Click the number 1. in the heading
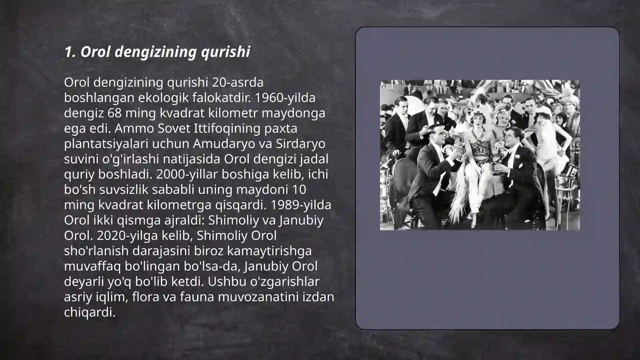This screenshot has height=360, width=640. tap(70, 52)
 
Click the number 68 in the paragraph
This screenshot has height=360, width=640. tap(115, 113)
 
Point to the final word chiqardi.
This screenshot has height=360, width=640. tap(90, 312)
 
